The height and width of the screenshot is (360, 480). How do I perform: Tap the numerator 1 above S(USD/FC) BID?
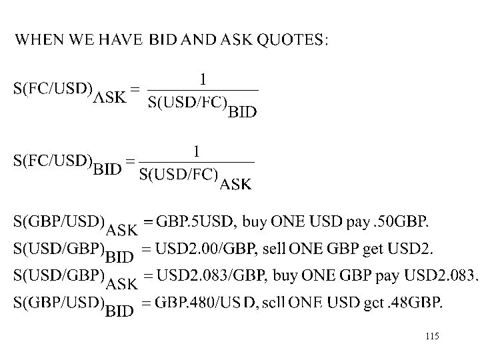[203, 80]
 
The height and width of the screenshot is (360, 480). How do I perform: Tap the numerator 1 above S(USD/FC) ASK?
[196, 153]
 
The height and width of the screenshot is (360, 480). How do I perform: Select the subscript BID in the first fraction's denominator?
[242, 112]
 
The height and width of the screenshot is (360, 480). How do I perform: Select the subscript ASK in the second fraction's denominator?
[236, 185]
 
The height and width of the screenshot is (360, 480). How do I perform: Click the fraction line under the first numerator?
[203, 90]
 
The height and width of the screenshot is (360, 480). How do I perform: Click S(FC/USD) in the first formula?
[53, 89]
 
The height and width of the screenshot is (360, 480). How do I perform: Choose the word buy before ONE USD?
[255, 221]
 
